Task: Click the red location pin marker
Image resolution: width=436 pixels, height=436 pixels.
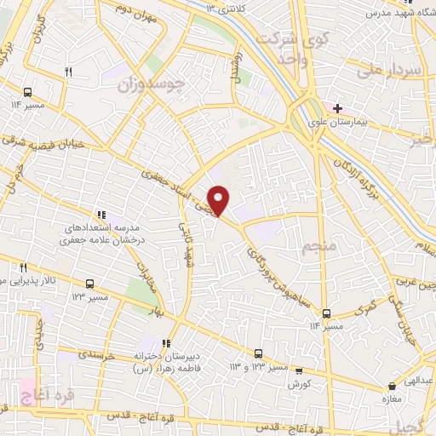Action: (219, 200)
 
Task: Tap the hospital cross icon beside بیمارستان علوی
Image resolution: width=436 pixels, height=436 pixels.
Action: (338, 108)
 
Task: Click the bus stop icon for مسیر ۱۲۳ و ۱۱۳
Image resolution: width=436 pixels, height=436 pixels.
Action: (258, 353)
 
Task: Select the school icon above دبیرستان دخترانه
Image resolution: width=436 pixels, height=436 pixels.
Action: (178, 343)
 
